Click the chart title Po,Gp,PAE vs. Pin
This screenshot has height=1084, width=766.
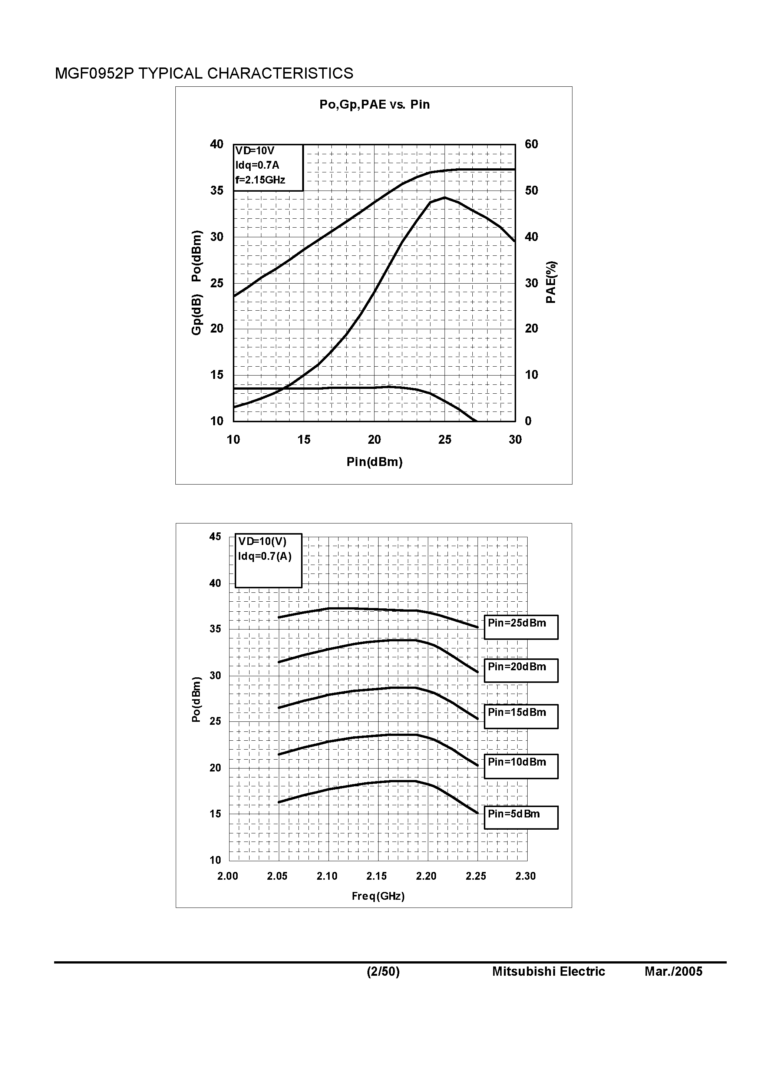374,104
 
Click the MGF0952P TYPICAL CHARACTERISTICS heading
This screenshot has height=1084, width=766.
204,73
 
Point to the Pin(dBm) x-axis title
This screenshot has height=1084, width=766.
374,462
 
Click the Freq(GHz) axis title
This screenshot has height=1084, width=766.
378,896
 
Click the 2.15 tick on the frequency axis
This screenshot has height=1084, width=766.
376,876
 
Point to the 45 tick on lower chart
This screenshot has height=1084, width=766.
215,537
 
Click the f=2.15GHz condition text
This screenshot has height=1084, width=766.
260,180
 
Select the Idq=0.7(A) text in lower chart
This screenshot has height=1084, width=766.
264,556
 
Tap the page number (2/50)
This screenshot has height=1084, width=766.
383,971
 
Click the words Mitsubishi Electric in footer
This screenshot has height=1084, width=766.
548,971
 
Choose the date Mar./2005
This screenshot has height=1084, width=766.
673,971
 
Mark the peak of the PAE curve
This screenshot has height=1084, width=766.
445,197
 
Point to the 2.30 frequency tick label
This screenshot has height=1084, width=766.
525,876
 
